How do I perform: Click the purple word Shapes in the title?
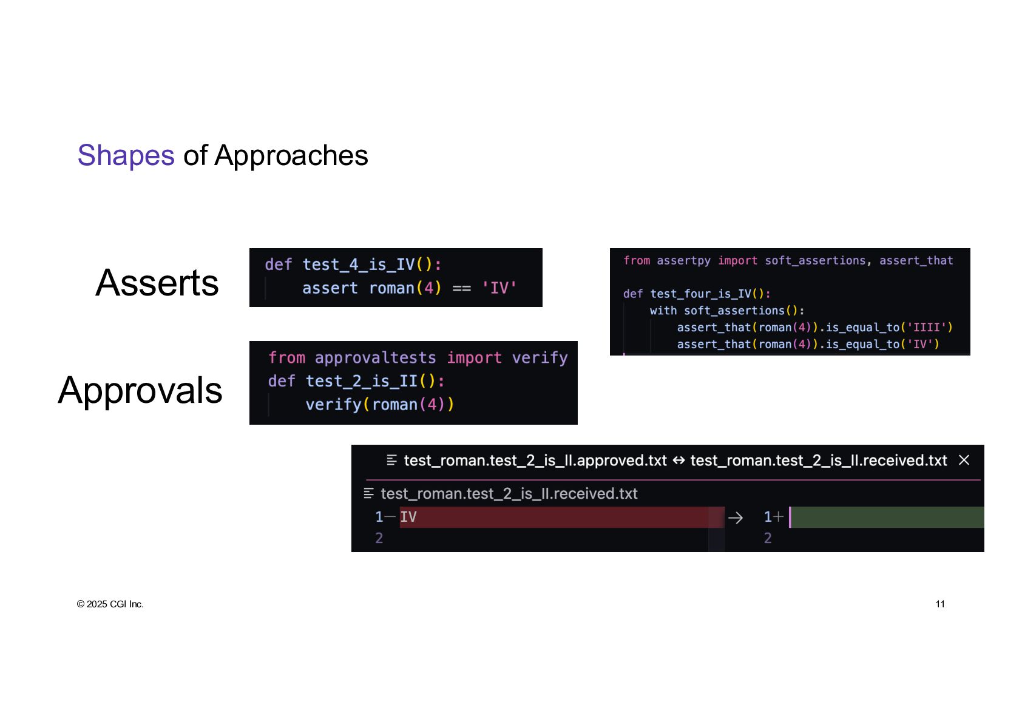click(x=126, y=155)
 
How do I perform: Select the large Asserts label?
click(x=157, y=283)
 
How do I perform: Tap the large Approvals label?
click(x=140, y=390)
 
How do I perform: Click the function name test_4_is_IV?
click(x=358, y=265)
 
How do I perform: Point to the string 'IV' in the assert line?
click(x=499, y=288)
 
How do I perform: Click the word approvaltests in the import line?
click(x=375, y=358)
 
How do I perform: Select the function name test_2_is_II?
click(x=361, y=381)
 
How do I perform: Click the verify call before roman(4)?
click(x=333, y=404)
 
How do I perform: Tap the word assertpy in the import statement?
click(x=683, y=260)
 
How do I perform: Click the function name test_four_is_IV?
click(x=700, y=294)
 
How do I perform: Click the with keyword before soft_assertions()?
click(x=663, y=311)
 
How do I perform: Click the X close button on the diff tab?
click(x=964, y=461)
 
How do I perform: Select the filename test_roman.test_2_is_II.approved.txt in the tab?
click(x=535, y=461)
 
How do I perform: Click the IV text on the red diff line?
click(x=408, y=517)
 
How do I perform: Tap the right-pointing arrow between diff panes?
click(x=735, y=518)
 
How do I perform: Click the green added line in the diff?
click(x=886, y=517)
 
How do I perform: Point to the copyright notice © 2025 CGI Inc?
click(x=110, y=604)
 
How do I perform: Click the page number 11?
click(x=940, y=604)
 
